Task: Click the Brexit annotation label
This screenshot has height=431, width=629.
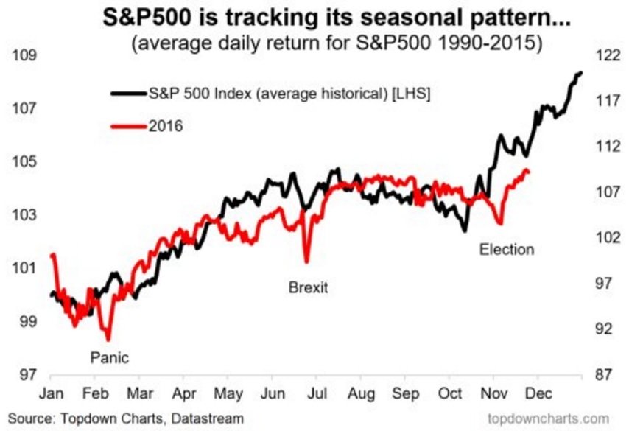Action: (x=307, y=287)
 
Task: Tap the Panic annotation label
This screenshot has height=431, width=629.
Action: (x=109, y=358)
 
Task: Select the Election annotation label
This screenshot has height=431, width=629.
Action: (x=506, y=249)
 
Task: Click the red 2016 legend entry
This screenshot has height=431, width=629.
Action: (x=164, y=126)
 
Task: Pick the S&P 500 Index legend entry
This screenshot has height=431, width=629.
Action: (x=287, y=94)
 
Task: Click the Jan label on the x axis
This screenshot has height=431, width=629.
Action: (x=51, y=395)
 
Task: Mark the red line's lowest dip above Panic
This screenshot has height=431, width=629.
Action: (x=108, y=339)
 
